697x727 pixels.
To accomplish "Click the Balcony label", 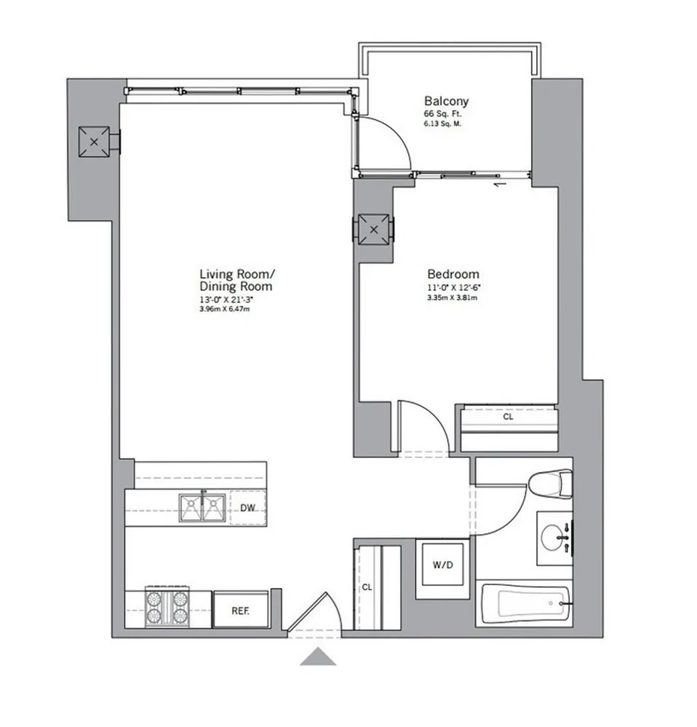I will [446, 102].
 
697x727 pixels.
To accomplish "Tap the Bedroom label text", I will [453, 274].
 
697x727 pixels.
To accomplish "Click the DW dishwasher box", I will [248, 508].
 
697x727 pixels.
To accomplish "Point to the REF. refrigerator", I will [241, 610].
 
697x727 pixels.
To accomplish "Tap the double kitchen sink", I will [202, 507].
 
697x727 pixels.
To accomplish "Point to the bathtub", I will [524, 603].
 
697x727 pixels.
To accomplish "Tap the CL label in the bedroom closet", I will [507, 418].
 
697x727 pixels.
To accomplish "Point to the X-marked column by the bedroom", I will [374, 230].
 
